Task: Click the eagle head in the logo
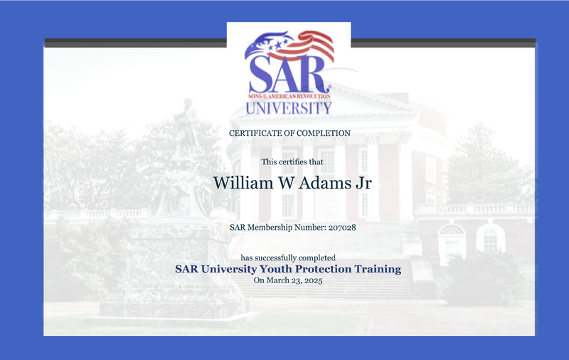[x=269, y=43]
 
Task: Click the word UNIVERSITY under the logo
[x=289, y=107]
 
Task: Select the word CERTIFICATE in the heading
[x=255, y=133]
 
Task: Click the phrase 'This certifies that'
[x=292, y=162]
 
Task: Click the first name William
[x=243, y=183]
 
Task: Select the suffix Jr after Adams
[x=363, y=184]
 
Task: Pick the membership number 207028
[x=342, y=228]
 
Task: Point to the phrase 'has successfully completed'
[x=288, y=258]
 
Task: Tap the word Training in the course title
[x=378, y=270]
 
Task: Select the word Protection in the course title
[x=323, y=269]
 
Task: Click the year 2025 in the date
[x=314, y=280]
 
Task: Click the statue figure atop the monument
[x=186, y=127]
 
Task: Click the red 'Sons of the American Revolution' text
[x=289, y=97]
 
